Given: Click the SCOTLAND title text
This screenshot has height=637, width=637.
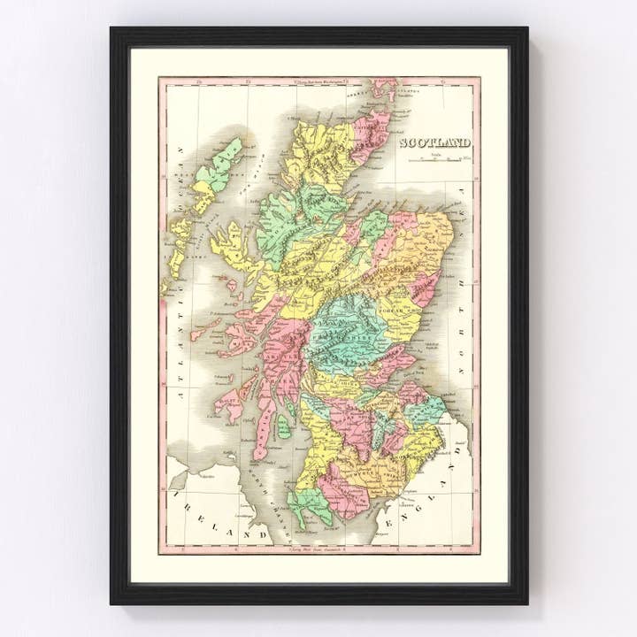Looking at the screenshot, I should (x=434, y=143).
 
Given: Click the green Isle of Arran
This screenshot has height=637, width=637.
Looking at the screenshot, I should (x=283, y=426).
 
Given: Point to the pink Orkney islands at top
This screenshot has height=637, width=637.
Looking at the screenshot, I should (x=384, y=88).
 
